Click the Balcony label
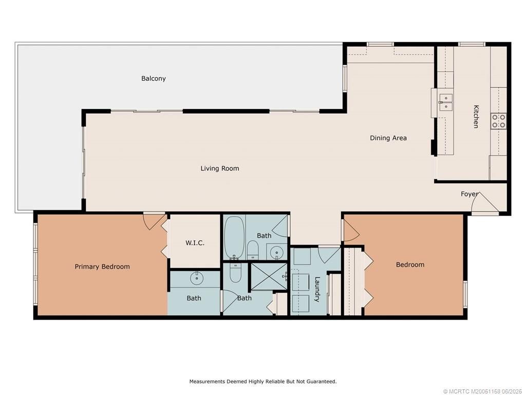[x=154, y=79]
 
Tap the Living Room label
[x=219, y=168]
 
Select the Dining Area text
[x=388, y=138]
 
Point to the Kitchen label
[x=476, y=116]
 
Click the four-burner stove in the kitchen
[x=498, y=121]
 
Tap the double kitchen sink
[x=445, y=102]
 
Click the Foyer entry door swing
[x=485, y=203]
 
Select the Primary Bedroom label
[x=102, y=266]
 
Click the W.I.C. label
[x=195, y=243]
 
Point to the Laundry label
[x=317, y=289]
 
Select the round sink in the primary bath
[x=196, y=279]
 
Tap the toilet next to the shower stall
[x=235, y=273]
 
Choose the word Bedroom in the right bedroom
[x=410, y=264]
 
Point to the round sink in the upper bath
[x=277, y=253]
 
